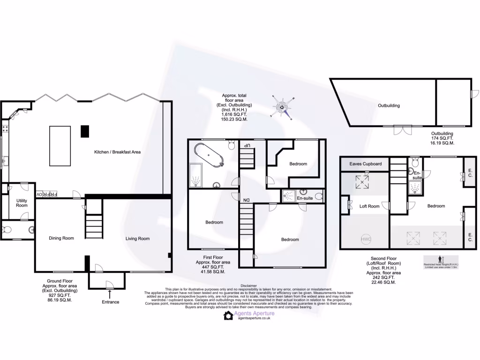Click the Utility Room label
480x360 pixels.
pos(22,202)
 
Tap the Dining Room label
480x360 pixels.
pos(61,238)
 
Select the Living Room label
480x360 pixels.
pos(137,239)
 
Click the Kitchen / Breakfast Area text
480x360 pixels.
pos(117,152)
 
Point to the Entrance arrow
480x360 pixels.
pos(110,294)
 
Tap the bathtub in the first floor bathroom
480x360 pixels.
pos(207,155)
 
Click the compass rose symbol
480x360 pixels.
pos(283,107)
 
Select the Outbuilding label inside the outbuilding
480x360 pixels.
pos(389,105)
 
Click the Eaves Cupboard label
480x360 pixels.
pos(366,164)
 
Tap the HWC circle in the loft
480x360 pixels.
pos(366,239)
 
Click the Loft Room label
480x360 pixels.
pos(369,206)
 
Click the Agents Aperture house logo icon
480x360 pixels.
pos(228,315)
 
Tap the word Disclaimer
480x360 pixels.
pos(249,285)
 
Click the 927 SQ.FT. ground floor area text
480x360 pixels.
pos(63,295)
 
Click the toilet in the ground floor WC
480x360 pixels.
pos(7,230)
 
